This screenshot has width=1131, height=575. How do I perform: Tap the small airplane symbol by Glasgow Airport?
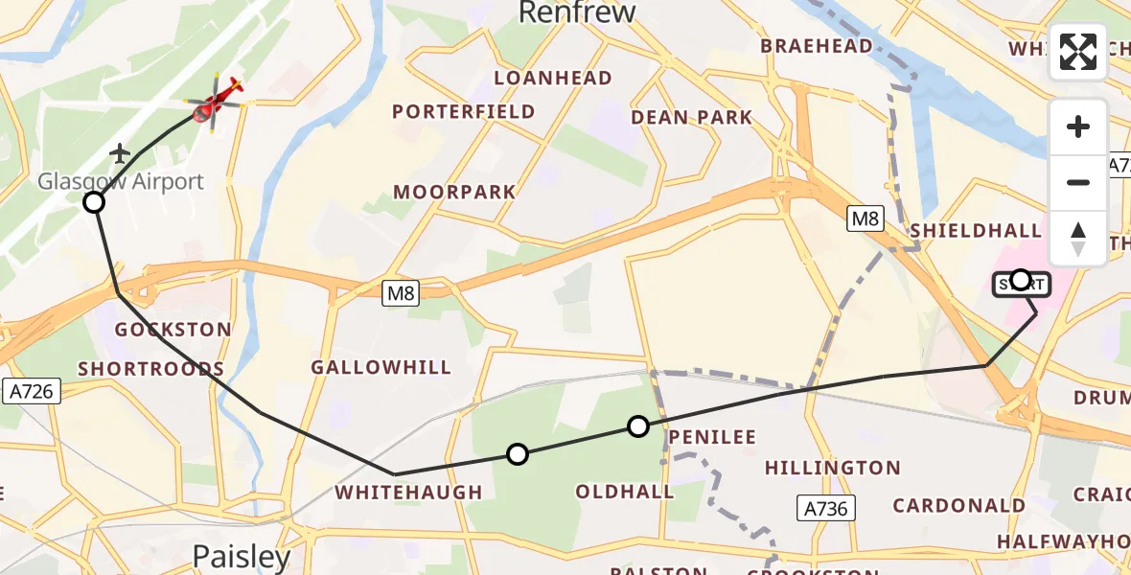click(120, 153)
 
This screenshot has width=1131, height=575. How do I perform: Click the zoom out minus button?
click(1078, 182)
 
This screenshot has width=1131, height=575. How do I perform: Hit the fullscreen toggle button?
click(1078, 52)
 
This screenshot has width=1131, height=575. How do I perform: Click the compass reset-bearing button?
click(1078, 238)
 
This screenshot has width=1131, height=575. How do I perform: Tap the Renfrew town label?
click(577, 12)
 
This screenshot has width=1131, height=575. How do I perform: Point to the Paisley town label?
click(242, 556)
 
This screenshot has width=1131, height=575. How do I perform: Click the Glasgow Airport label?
click(121, 181)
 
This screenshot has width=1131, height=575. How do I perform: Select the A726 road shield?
click(32, 390)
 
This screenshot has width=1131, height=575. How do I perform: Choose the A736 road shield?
click(826, 508)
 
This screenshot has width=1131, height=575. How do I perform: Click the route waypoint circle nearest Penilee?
click(638, 426)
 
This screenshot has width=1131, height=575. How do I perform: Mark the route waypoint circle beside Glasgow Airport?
click(94, 202)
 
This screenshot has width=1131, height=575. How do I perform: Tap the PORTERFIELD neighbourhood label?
click(464, 112)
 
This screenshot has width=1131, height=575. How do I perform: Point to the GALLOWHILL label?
click(381, 368)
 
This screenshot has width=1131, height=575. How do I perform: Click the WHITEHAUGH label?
click(407, 493)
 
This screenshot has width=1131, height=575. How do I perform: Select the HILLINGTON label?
click(832, 469)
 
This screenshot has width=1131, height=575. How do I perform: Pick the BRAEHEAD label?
click(816, 46)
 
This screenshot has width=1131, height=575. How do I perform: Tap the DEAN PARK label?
click(691, 117)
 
